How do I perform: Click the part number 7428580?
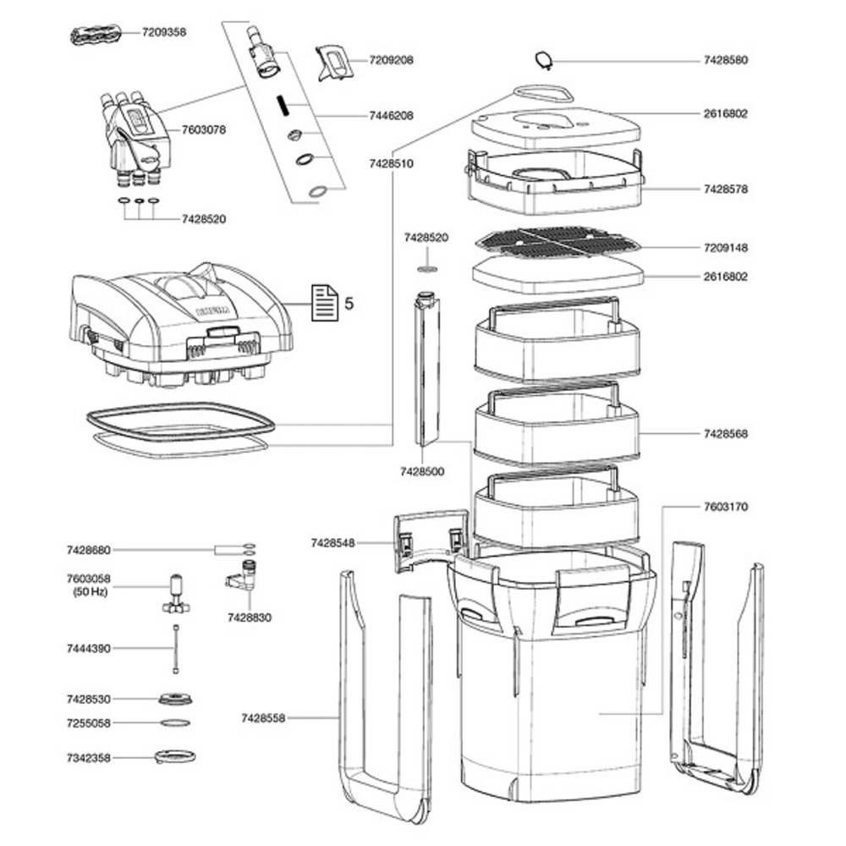pyautogui.click(x=726, y=61)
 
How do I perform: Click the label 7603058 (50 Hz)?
pyautogui.click(x=89, y=584)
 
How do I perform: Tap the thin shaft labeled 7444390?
pyautogui.click(x=175, y=648)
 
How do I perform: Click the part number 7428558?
pyautogui.click(x=263, y=718)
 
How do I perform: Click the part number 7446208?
pyautogui.click(x=392, y=116)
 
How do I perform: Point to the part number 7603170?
pyautogui.click(x=726, y=507)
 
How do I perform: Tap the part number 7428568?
pyautogui.click(x=726, y=434)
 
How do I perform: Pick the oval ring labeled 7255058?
pyautogui.click(x=175, y=723)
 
